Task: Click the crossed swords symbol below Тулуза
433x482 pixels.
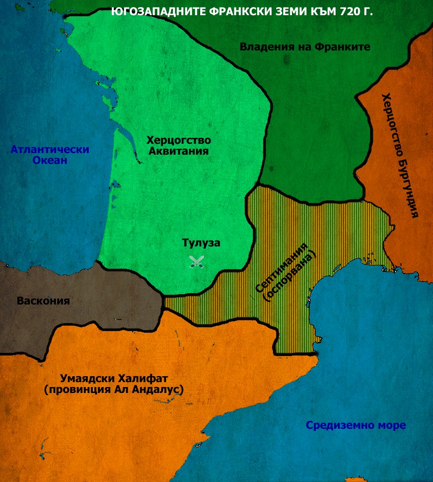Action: pos(195,262)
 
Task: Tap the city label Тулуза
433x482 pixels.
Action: pos(201,243)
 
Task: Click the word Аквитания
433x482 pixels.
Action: pos(179,151)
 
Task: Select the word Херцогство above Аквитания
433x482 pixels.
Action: pos(179,140)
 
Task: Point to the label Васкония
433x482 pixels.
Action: pos(43,300)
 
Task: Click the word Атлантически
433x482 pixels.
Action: pos(50,149)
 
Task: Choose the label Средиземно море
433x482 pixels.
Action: pos(355,425)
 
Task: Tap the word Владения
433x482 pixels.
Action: pos(264,47)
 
